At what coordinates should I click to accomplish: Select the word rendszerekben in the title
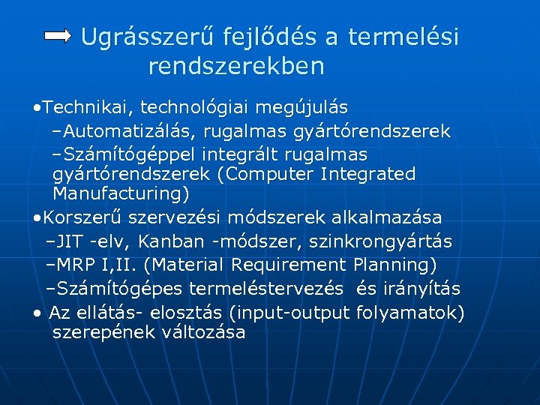(236, 66)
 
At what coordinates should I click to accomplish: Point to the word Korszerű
(82, 217)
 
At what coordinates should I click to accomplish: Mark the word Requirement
(289, 265)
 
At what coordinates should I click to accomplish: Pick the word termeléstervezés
(266, 289)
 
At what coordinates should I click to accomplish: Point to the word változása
(203, 332)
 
